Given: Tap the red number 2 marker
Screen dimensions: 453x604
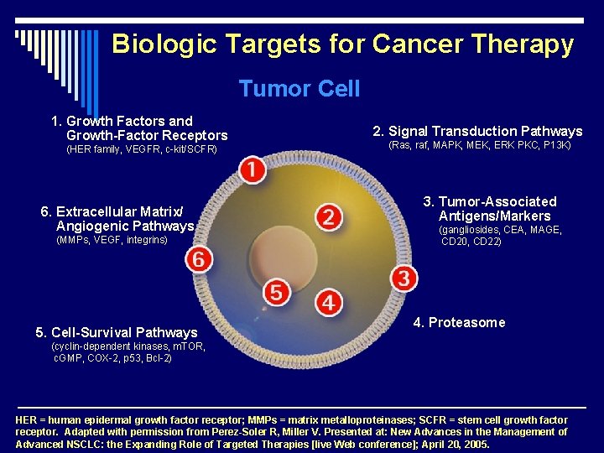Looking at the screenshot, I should (x=329, y=218).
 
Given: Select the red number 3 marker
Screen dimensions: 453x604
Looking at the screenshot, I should (x=404, y=278).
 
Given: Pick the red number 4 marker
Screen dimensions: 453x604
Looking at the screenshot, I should (x=329, y=302).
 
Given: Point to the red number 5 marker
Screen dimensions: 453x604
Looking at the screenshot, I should (x=276, y=292).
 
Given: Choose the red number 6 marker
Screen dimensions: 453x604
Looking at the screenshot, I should (x=198, y=259).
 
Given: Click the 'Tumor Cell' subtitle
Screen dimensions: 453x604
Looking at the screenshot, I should (x=299, y=89).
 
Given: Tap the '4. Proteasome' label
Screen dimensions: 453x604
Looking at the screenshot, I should (x=459, y=323).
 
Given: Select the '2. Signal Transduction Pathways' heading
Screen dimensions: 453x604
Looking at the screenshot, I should (x=477, y=131).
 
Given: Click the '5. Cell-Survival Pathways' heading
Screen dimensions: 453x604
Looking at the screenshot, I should (x=117, y=332).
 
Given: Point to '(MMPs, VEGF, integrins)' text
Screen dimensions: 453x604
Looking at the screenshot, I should (x=112, y=241).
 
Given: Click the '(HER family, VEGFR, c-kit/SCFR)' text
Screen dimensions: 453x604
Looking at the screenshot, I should (x=141, y=150).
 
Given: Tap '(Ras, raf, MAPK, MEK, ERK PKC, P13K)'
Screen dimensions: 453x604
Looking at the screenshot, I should (x=479, y=145).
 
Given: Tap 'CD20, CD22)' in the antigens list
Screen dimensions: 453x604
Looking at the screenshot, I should (x=471, y=242).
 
